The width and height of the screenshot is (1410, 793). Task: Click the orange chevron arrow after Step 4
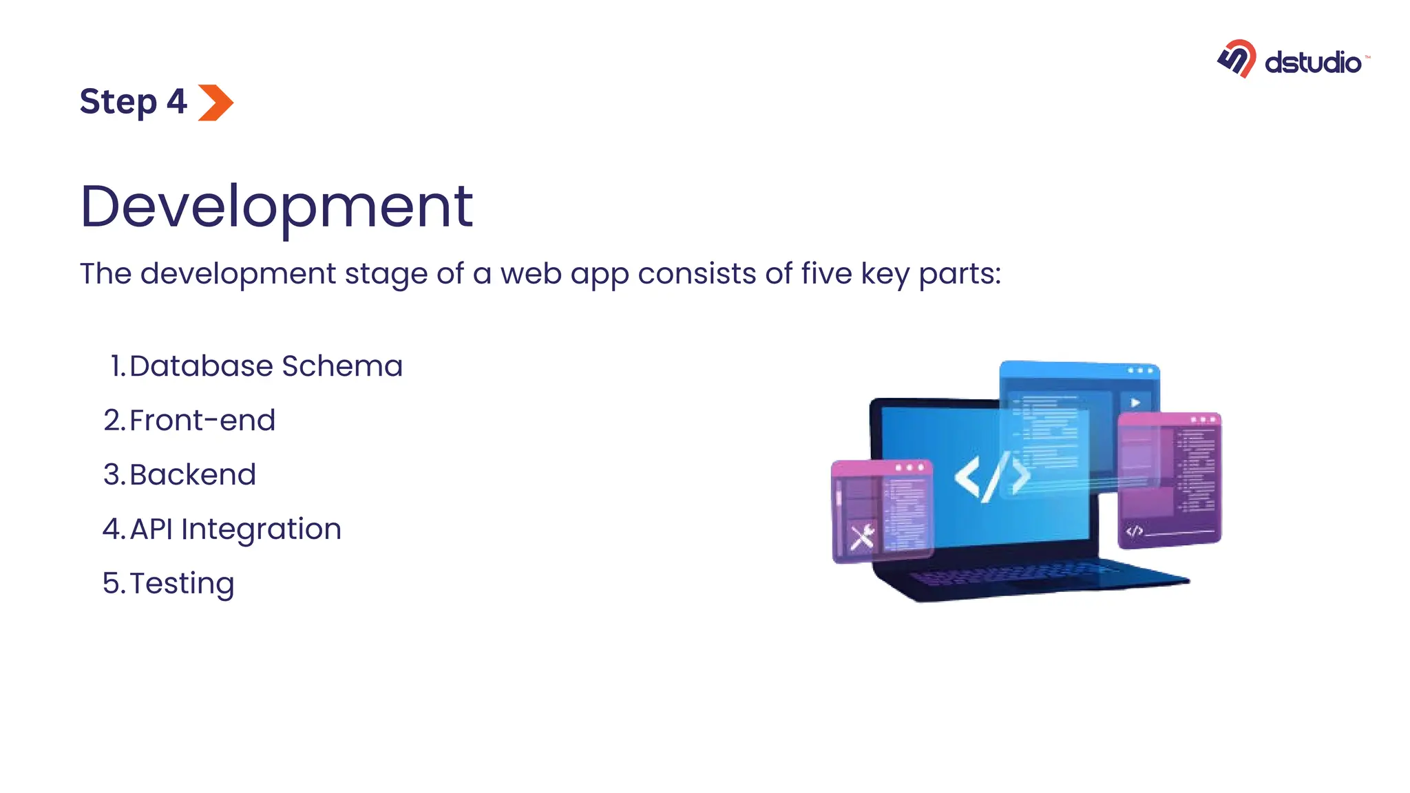click(216, 103)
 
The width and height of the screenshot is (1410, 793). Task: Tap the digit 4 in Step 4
click(177, 102)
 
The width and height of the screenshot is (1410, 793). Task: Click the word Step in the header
click(118, 103)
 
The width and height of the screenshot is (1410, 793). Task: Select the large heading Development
click(277, 207)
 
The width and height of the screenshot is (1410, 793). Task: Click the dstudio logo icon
click(1237, 59)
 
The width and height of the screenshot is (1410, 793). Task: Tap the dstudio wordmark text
click(1313, 63)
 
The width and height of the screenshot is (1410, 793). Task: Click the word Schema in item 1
click(342, 366)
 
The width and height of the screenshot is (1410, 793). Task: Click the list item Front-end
click(202, 421)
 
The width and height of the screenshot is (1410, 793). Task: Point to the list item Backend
click(192, 475)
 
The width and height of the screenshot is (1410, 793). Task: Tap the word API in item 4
click(151, 529)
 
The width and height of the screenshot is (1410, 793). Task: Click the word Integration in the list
click(261, 529)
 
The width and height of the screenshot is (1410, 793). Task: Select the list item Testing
click(182, 584)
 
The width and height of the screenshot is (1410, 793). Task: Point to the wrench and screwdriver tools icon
click(862, 537)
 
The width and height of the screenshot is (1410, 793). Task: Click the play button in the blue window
click(1135, 403)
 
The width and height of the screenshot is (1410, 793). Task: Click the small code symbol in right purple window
click(1134, 531)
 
